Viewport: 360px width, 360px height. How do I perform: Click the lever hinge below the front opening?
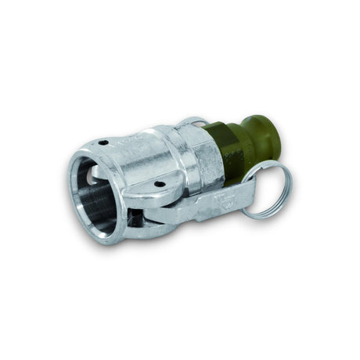[x=139, y=222]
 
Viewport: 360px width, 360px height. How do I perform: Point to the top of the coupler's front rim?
[x=86, y=154]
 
